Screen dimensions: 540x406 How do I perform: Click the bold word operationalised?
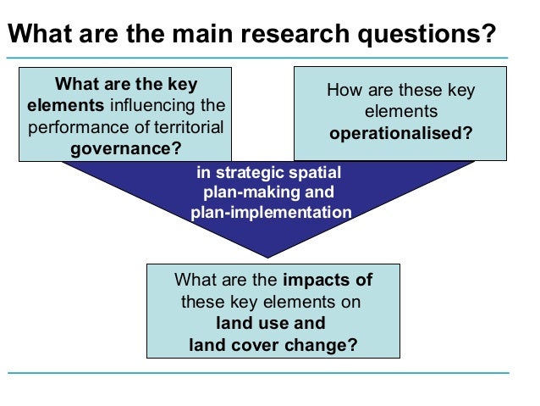pos(400,133)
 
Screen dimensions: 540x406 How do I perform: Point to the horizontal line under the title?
pos(270,58)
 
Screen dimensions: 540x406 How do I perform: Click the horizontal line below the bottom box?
pos(270,372)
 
